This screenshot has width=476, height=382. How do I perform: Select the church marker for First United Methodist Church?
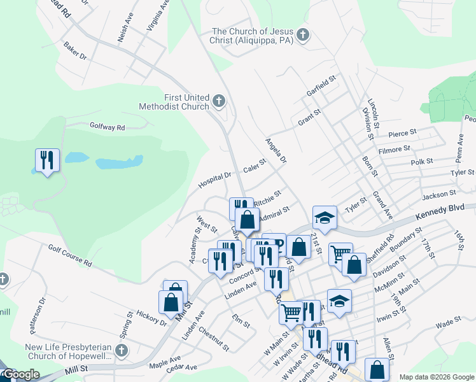pos(219,101)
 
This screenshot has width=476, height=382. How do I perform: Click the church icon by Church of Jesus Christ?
pos(303,35)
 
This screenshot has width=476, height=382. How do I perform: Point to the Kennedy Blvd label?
pos(437,213)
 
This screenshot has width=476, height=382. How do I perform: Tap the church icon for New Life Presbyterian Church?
pos(122,351)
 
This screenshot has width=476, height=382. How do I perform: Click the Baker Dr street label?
pos(74,51)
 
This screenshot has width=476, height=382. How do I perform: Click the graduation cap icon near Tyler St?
pos(324,217)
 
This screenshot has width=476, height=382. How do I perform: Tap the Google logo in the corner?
pos(20,374)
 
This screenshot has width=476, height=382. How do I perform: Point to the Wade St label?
pos(448,323)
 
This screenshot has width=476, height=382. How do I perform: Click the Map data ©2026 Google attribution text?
pos(435,377)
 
